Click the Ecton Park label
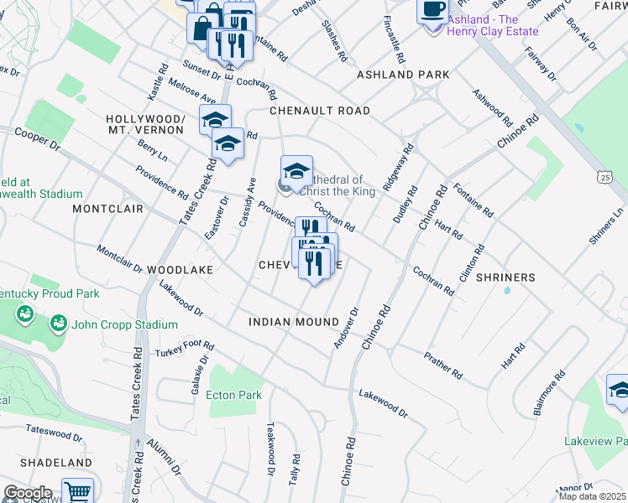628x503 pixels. (234, 395)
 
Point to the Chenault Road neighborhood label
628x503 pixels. (320, 111)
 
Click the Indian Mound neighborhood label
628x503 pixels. (294, 322)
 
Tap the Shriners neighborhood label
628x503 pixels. (505, 277)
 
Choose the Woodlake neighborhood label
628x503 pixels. (181, 270)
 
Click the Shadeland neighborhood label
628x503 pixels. (55, 463)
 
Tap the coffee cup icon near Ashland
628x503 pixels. (432, 10)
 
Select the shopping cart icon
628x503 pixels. (77, 492)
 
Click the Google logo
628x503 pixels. (27, 492)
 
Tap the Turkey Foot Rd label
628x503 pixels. (185, 350)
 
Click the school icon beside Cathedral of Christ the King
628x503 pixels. (296, 171)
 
